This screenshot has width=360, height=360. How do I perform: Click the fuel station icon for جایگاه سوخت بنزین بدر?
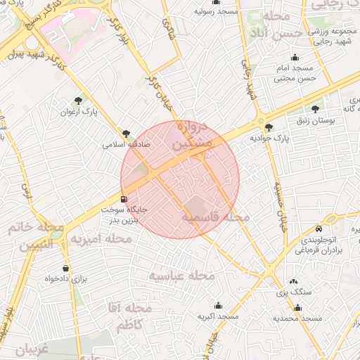coord(124,199)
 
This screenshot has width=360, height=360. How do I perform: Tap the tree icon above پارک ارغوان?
coord(79,101)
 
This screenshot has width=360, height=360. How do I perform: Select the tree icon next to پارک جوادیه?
coord(269,127)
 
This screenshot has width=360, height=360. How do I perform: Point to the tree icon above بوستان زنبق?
coord(314,109)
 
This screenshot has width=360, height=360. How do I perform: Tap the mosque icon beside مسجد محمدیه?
coord(297,307)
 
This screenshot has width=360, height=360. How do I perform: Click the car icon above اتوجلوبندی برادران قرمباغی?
coord(320,229)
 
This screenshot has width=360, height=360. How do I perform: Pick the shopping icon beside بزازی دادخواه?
coord(66,268)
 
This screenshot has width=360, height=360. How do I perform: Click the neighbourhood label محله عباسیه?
coord(181,276)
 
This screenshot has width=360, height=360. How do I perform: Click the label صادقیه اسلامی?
coord(124,144)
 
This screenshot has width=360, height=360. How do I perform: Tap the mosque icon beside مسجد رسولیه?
coord(217,2)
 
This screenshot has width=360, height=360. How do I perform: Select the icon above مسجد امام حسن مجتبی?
coord(294,58)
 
